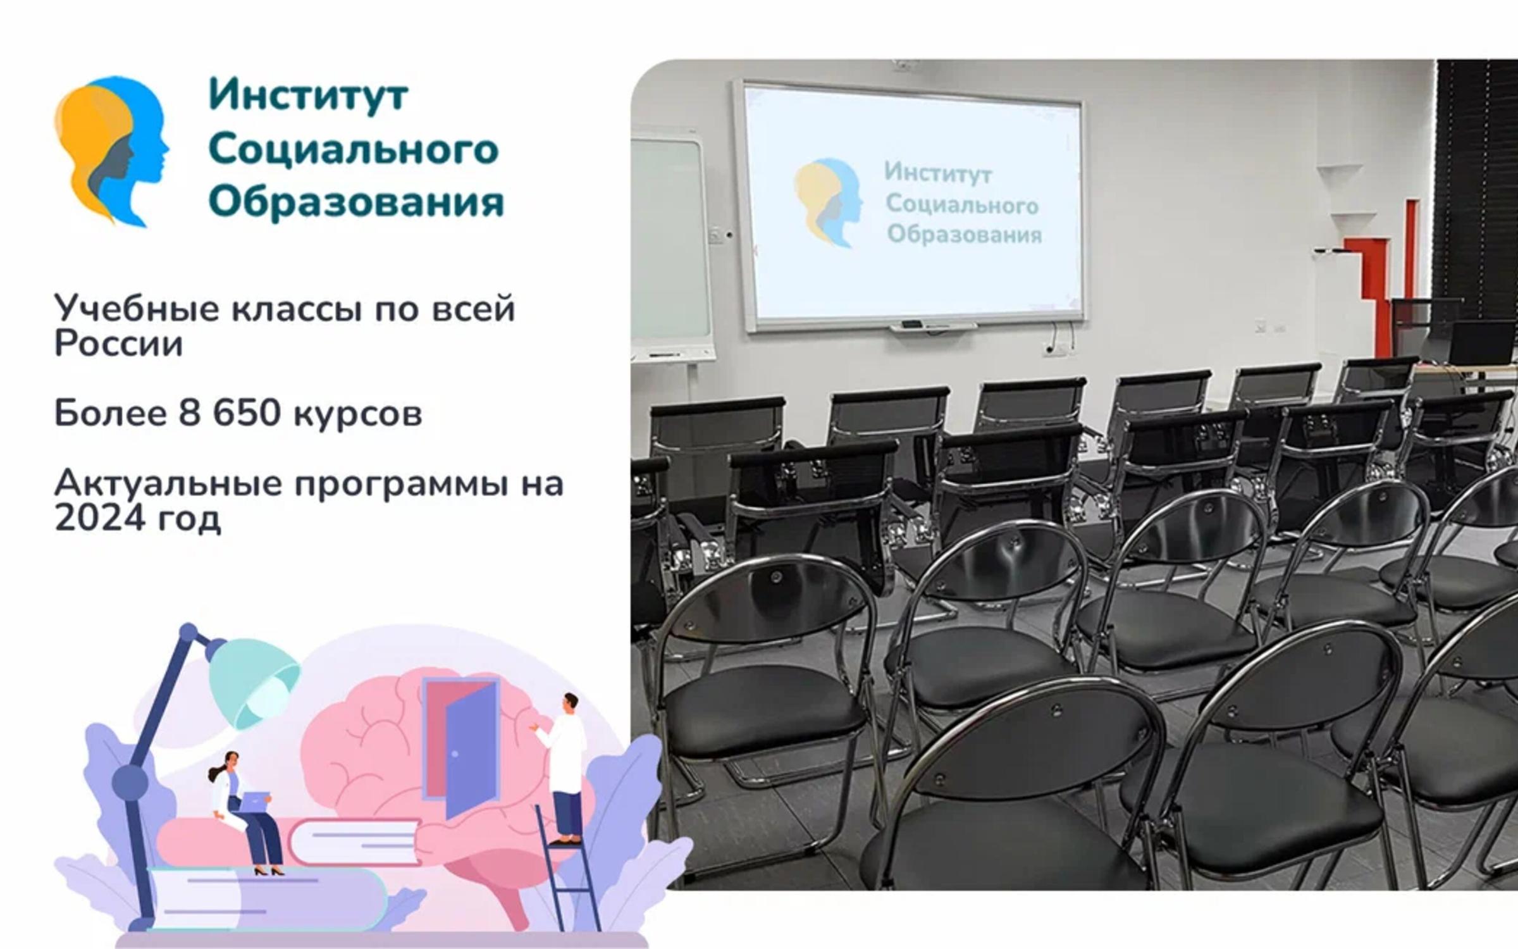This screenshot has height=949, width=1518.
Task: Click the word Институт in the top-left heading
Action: [x=308, y=96]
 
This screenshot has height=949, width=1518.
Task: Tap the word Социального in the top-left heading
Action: [x=354, y=149]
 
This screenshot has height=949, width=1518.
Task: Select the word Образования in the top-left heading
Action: [x=356, y=203]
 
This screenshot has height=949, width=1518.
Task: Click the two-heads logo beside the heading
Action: [x=112, y=151]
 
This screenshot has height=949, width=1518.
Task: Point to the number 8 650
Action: [x=230, y=413]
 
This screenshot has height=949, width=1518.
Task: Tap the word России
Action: [x=118, y=344]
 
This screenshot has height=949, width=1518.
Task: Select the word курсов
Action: [x=357, y=416]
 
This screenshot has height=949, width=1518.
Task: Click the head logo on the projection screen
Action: [x=828, y=202]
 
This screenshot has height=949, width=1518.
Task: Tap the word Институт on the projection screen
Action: [x=937, y=173]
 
